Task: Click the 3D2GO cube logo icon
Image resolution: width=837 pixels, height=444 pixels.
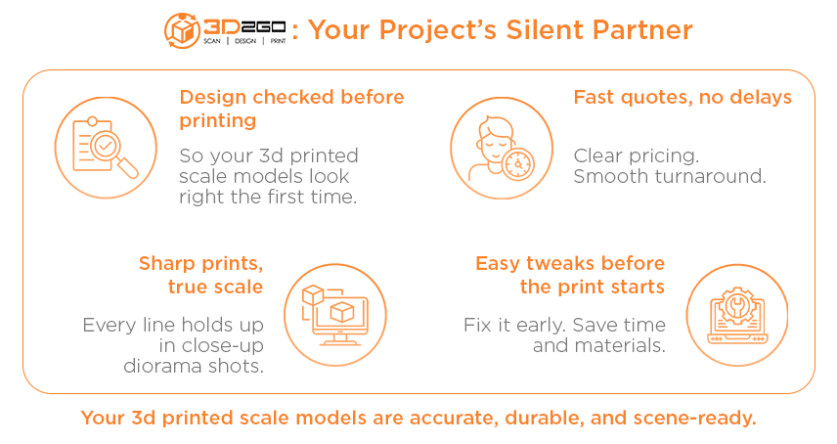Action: (x=182, y=30)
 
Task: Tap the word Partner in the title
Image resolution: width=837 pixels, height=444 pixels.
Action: (x=642, y=30)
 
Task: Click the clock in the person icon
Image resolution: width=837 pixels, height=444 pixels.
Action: (x=518, y=164)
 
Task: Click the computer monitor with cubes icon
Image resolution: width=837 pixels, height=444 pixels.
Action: (x=334, y=315)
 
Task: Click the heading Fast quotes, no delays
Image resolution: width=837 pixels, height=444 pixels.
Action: (x=683, y=97)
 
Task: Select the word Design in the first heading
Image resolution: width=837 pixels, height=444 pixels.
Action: (x=213, y=98)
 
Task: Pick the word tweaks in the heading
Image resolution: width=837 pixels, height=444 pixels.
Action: (x=560, y=263)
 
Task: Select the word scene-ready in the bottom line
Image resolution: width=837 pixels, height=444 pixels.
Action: (x=694, y=419)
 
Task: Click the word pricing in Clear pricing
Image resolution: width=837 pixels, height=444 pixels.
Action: (x=664, y=156)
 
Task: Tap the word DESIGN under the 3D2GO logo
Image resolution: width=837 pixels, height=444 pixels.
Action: (x=245, y=41)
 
